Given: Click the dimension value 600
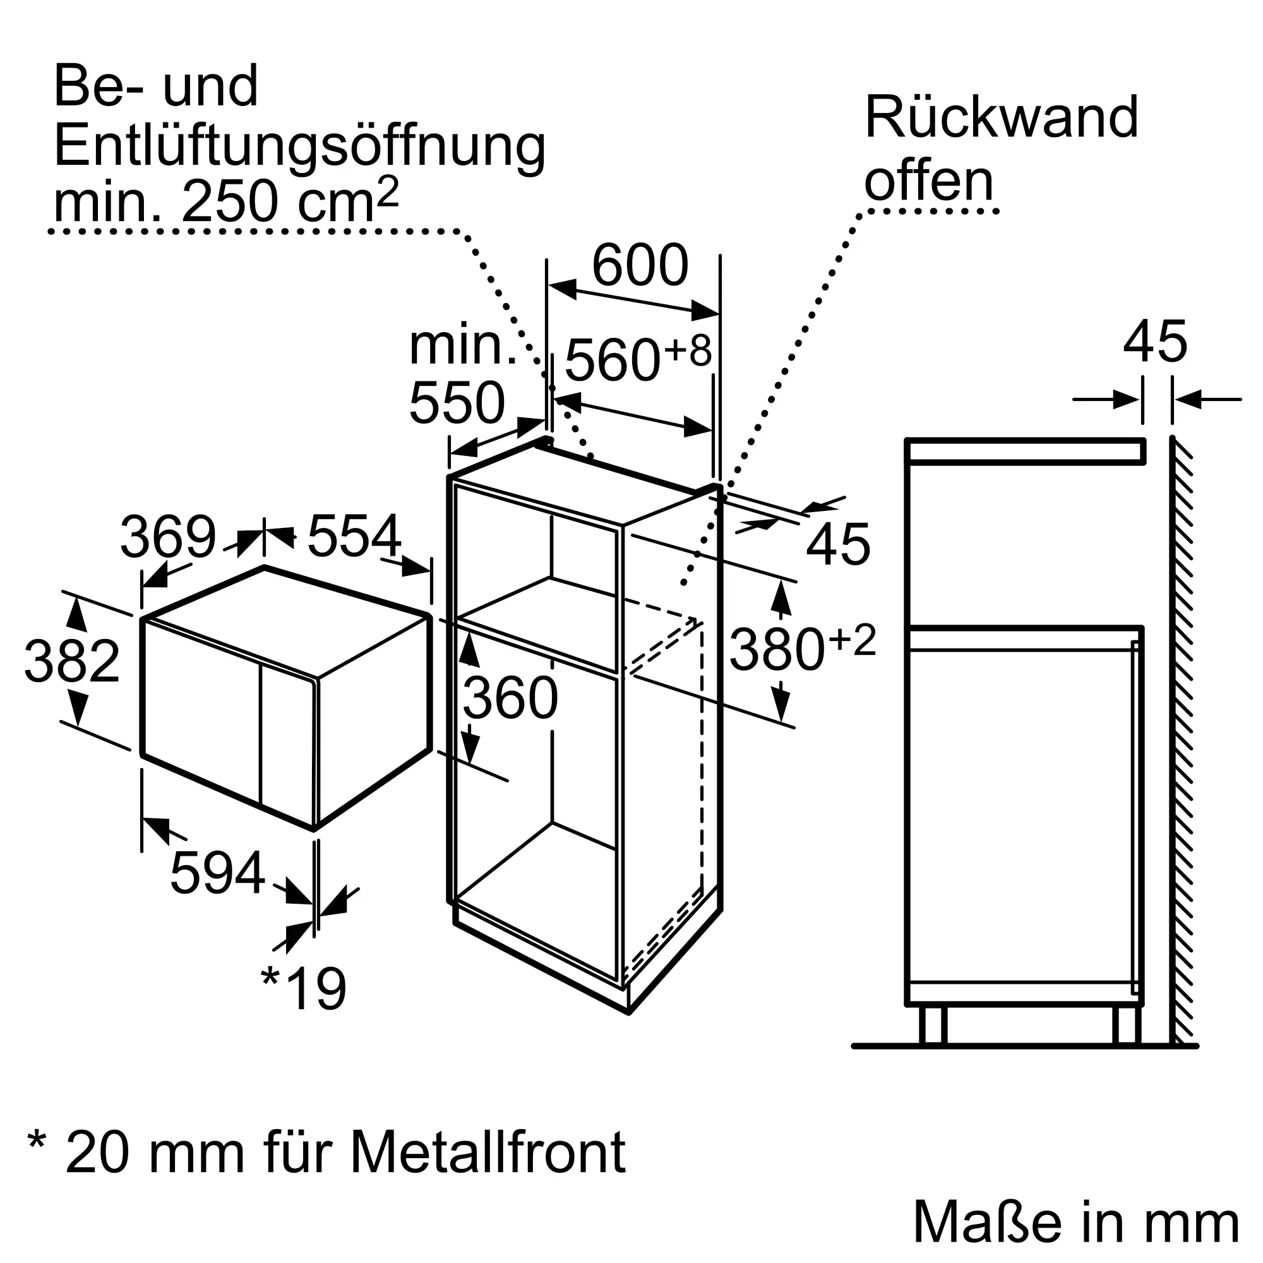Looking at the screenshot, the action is click(x=640, y=265).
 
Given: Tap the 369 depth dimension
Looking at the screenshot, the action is click(x=168, y=537).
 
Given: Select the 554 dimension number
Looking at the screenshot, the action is click(x=354, y=536).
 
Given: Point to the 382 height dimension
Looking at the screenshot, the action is click(x=72, y=661).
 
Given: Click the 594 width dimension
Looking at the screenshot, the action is click(x=218, y=872).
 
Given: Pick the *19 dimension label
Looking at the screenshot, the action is click(x=303, y=989).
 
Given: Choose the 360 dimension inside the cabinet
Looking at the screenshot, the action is click(x=510, y=698).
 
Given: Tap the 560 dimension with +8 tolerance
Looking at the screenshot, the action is click(x=638, y=358).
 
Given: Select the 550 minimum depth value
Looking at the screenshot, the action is click(x=457, y=403).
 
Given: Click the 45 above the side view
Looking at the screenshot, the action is click(x=1155, y=341).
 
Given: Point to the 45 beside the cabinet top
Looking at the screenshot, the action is click(x=838, y=544).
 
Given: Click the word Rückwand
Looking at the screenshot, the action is click(x=1002, y=117).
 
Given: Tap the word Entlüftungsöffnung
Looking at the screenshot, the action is click(x=299, y=147).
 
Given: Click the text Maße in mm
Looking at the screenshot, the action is click(x=1076, y=1221).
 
